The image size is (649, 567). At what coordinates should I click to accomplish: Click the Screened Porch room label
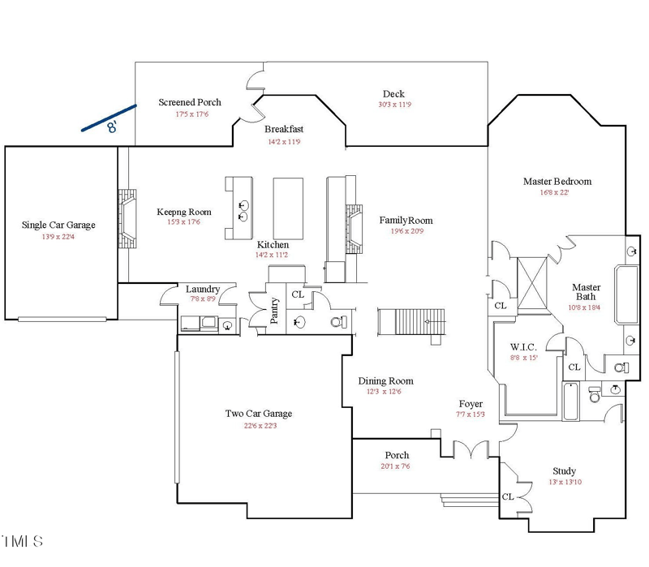(x=189, y=102)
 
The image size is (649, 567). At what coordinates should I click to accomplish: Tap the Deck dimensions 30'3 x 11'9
(x=394, y=105)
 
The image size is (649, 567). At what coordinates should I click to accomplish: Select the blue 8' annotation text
(x=112, y=127)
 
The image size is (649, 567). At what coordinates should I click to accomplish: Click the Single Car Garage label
(x=58, y=225)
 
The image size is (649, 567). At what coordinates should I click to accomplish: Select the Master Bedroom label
(x=557, y=182)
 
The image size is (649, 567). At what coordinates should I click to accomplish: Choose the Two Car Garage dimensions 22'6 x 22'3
(x=259, y=426)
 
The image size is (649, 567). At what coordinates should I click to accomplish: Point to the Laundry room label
(x=203, y=289)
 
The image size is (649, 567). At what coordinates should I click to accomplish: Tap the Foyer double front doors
(x=470, y=448)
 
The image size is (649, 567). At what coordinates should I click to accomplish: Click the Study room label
(x=564, y=471)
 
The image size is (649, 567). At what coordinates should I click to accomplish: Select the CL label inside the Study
(x=507, y=496)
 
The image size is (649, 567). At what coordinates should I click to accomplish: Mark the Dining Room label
(x=385, y=380)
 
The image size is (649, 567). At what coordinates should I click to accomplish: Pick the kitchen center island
(x=287, y=205)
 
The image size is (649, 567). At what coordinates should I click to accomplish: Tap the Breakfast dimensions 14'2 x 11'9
(x=284, y=142)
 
